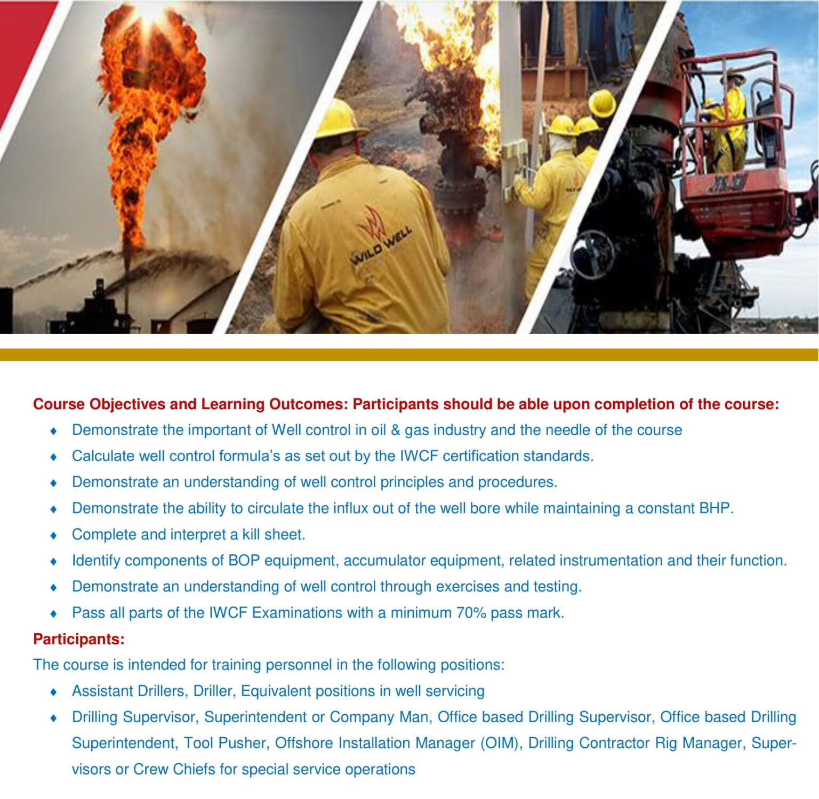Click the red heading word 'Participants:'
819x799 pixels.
click(79, 639)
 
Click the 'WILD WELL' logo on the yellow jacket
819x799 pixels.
click(381, 246)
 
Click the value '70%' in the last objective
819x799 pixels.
click(470, 613)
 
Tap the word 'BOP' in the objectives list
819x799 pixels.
click(244, 561)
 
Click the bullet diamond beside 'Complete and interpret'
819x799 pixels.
click(53, 535)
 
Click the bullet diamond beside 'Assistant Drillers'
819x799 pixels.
click(53, 692)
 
